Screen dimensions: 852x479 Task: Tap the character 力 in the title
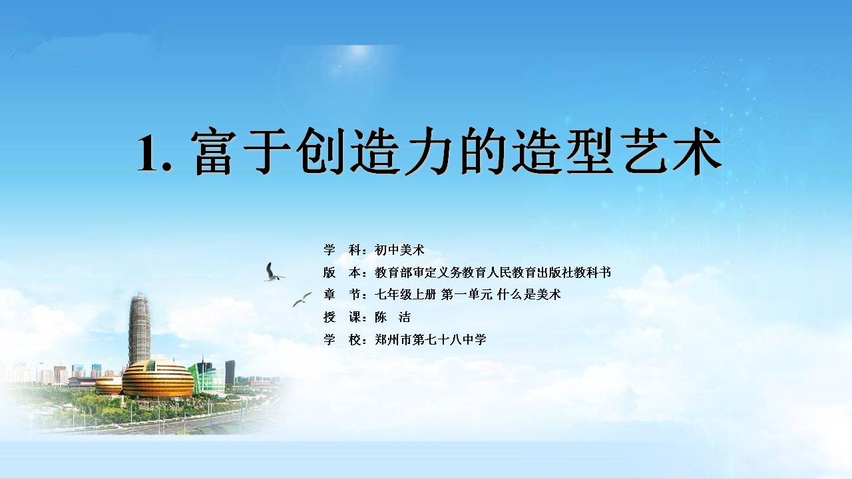(428, 151)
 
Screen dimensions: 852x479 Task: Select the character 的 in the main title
(483, 151)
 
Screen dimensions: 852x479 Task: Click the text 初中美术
(399, 249)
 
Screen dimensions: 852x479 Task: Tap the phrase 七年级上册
(405, 294)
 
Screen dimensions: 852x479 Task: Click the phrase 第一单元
(467, 294)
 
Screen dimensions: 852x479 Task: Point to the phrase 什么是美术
(529, 294)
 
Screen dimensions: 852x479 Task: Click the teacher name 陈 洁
(393, 317)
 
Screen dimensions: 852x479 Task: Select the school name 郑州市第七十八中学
(431, 339)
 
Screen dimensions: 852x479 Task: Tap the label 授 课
(342, 317)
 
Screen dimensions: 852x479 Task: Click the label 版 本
(342, 272)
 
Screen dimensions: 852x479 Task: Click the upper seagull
(274, 272)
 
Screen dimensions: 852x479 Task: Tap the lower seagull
(302, 299)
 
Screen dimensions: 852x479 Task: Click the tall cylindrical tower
(139, 329)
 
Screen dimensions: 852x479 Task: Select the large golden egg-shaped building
(158, 379)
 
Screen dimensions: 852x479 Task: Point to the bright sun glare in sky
(357, 53)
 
